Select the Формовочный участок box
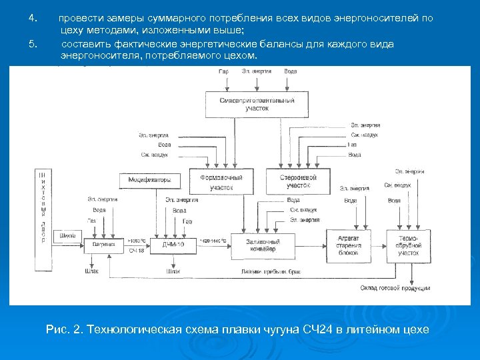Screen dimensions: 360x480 (221, 183)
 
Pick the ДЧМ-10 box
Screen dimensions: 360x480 (177, 245)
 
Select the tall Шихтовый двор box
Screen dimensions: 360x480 (43, 220)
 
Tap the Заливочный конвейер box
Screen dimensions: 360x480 (262, 245)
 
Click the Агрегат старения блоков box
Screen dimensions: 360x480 (348, 245)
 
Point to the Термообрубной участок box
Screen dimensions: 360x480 (409, 245)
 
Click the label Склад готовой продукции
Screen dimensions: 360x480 (395, 288)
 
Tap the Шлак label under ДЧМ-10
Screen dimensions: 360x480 (174, 272)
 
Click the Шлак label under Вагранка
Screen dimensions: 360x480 (91, 272)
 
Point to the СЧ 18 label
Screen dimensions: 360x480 (137, 250)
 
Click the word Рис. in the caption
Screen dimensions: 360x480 (57, 329)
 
